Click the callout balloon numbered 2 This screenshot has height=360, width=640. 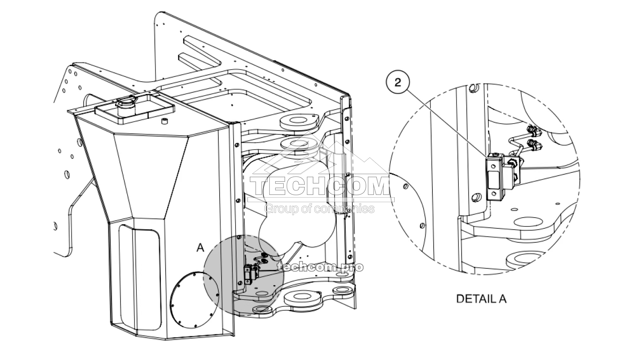(x=398, y=83)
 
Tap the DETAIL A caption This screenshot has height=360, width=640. (x=482, y=299)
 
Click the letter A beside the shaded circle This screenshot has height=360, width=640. (x=200, y=248)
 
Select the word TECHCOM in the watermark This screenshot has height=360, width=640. (x=320, y=186)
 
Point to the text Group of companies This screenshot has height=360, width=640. (x=320, y=209)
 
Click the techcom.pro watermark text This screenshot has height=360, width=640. (x=320, y=267)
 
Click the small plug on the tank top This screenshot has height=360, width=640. (x=164, y=121)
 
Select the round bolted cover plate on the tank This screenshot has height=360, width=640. (x=194, y=300)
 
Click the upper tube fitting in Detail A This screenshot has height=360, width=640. (x=532, y=131)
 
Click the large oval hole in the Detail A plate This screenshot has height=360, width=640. (x=528, y=222)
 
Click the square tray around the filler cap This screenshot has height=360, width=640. (x=134, y=110)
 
